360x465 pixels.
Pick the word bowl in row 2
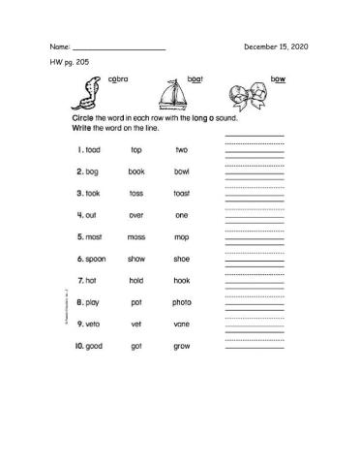(x=182, y=171)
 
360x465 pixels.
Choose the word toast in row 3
(x=182, y=193)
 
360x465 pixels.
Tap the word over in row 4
(x=136, y=215)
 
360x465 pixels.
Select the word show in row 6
(x=136, y=259)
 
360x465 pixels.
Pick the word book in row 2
(x=136, y=171)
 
